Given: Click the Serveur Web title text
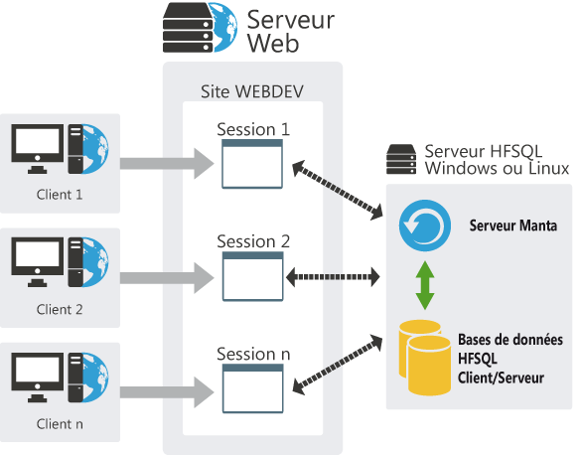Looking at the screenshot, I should tap(291, 31).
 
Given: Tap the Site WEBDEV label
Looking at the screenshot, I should tap(252, 91).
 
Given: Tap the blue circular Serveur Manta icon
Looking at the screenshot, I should tap(422, 227).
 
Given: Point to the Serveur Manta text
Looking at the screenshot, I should tap(512, 227).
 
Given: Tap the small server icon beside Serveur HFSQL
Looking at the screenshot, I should tap(401, 157).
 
